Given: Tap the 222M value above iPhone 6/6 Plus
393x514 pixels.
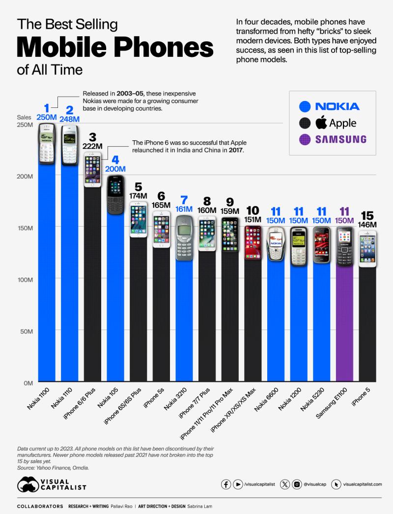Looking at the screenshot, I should pos(92,146).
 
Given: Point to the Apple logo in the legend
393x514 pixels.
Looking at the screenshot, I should pos(321,122).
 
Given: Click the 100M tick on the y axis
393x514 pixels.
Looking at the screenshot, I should pos(26,279).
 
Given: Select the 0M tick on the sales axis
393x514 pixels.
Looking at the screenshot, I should pos(28,383).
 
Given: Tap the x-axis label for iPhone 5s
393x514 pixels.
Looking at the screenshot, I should pos(154,405).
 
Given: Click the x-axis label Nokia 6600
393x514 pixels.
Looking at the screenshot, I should pos(267,407).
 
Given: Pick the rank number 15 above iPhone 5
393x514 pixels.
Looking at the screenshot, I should pos(367,216).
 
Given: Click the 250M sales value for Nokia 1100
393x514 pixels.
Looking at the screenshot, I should pos(47,117).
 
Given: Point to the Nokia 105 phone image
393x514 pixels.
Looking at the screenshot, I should pos(116,194).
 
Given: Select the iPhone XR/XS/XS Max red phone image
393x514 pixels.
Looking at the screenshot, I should pos(253,242).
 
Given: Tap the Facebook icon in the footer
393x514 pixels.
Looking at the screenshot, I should pos(226,484).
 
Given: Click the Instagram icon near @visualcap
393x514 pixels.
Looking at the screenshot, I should pos(297,484).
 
